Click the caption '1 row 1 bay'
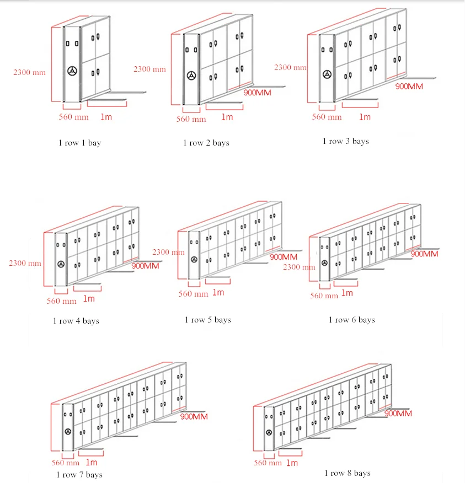[80, 143]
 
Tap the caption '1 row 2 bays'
[206, 143]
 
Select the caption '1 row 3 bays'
[346, 141]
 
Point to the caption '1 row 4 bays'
[76, 320]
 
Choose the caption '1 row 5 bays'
[208, 320]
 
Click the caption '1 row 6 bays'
[352, 320]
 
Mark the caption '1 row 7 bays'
[79, 474]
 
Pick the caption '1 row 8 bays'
[348, 473]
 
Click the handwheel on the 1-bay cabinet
[72, 71]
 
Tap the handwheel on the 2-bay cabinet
[191, 76]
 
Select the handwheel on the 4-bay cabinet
[60, 264]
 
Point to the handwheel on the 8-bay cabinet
[269, 433]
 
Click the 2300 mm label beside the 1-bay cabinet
[30, 72]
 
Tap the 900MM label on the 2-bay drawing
[257, 93]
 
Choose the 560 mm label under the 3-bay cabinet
[327, 117]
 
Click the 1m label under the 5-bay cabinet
[218, 292]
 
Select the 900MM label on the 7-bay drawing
[194, 417]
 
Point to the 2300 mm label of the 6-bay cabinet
[299, 267]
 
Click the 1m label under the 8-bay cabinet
[291, 463]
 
